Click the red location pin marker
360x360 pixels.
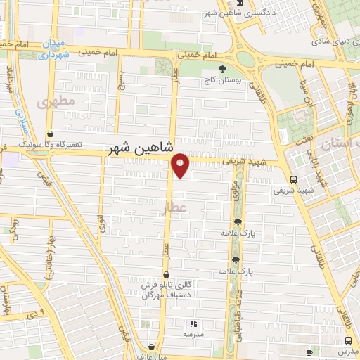(x=181, y=165)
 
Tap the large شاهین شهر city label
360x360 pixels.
(x=140, y=148)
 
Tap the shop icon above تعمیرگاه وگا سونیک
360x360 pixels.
(x=50, y=134)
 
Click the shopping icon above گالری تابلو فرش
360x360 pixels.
(x=166, y=275)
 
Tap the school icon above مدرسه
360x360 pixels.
(x=192, y=324)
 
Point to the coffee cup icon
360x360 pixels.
(x=310, y=352)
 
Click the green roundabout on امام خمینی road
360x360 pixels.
(x=245, y=58)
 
